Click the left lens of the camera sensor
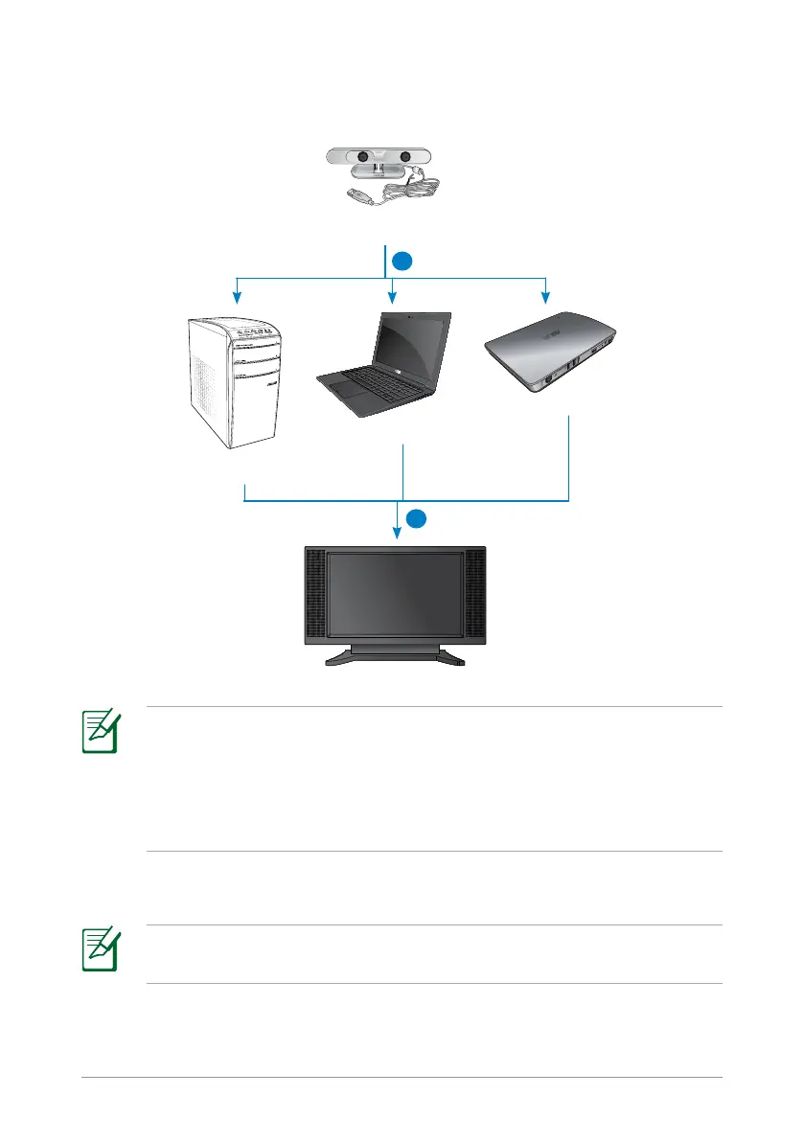364,157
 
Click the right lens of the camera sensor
404,157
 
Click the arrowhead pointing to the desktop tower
237,295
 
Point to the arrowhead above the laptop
391,295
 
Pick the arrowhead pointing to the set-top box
545,295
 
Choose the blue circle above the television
415,519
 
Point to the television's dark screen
395,594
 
